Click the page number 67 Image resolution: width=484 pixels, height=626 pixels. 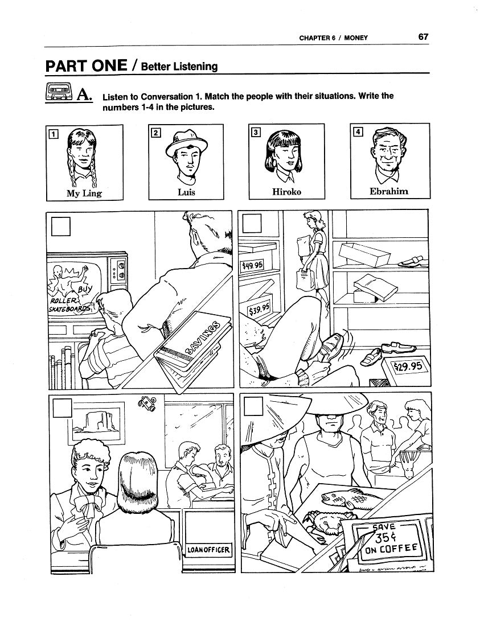[x=423, y=37]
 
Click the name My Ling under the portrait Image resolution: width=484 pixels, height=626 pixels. [x=84, y=193]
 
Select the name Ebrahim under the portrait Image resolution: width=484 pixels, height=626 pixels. [x=388, y=191]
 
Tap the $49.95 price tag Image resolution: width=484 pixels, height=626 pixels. [x=252, y=265]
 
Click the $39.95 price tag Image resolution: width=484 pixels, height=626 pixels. [x=259, y=308]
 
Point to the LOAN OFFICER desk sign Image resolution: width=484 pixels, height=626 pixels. [x=208, y=550]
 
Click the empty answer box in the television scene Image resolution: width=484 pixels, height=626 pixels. [x=61, y=226]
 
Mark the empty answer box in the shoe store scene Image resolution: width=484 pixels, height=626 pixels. [x=252, y=224]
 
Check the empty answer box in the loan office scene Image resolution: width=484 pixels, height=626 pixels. [x=62, y=407]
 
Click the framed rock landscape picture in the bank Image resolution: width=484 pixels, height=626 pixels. [x=96, y=423]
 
